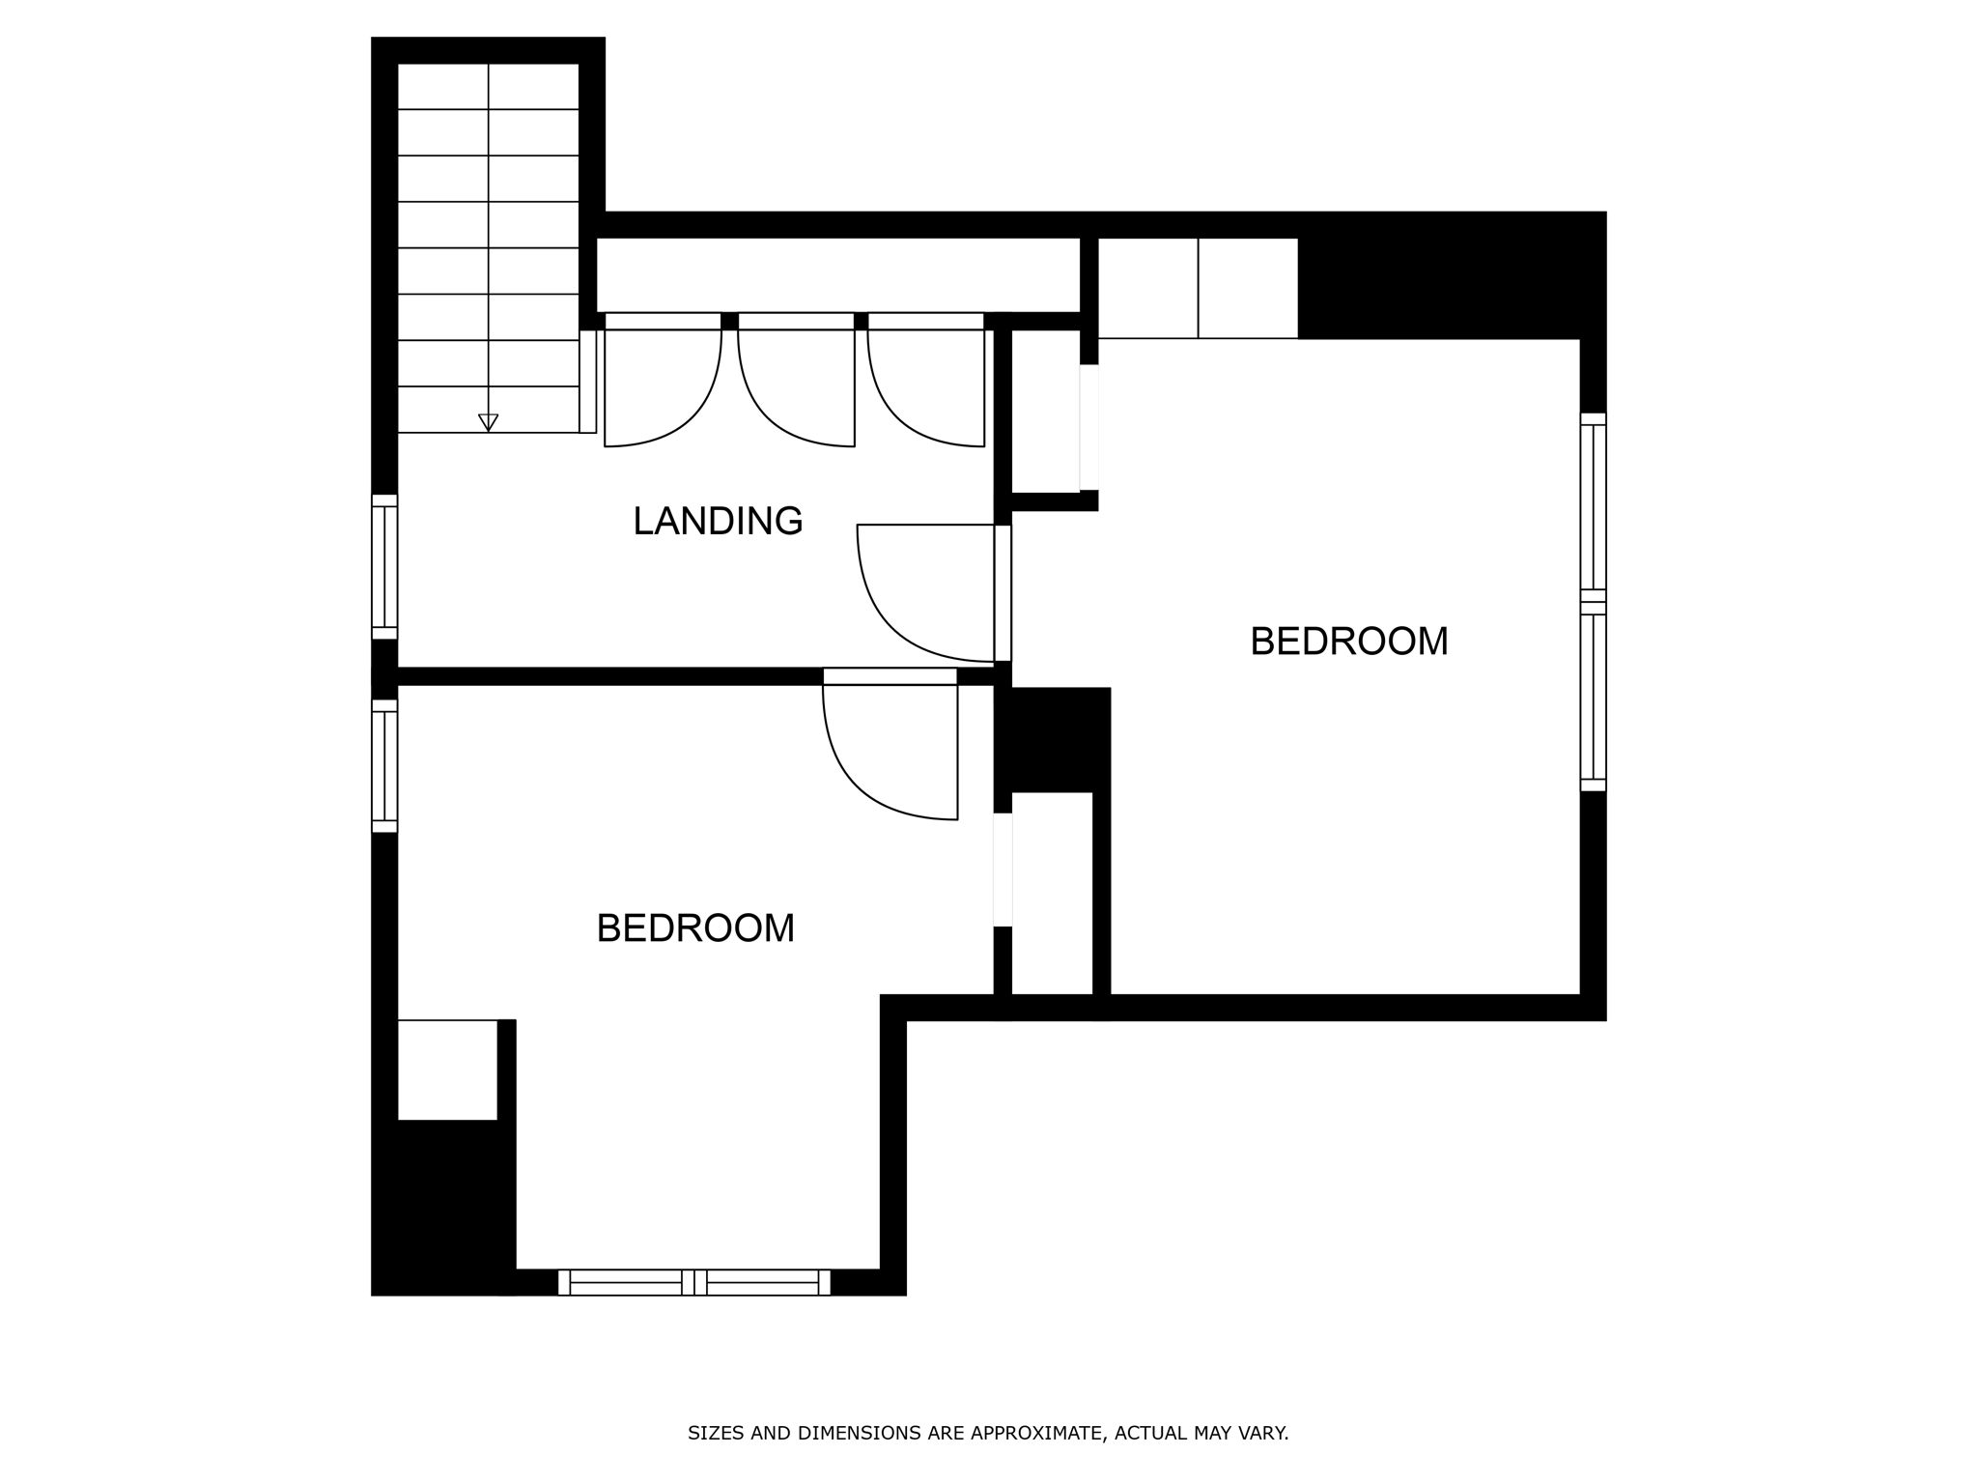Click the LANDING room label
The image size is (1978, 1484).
pos(718,522)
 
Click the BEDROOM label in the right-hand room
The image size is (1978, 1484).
pos(1348,642)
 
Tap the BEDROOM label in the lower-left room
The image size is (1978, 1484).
pos(695,928)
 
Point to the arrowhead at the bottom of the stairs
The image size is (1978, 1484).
pos(489,422)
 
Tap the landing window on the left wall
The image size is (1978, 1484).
pos(384,567)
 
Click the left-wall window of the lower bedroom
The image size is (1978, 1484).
pos(384,766)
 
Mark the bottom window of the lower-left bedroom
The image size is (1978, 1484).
pos(693,1282)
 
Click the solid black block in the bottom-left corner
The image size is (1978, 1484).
pos(439,1208)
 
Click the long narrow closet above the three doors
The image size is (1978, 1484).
pos(837,274)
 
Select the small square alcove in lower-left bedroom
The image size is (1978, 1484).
pos(447,1070)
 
